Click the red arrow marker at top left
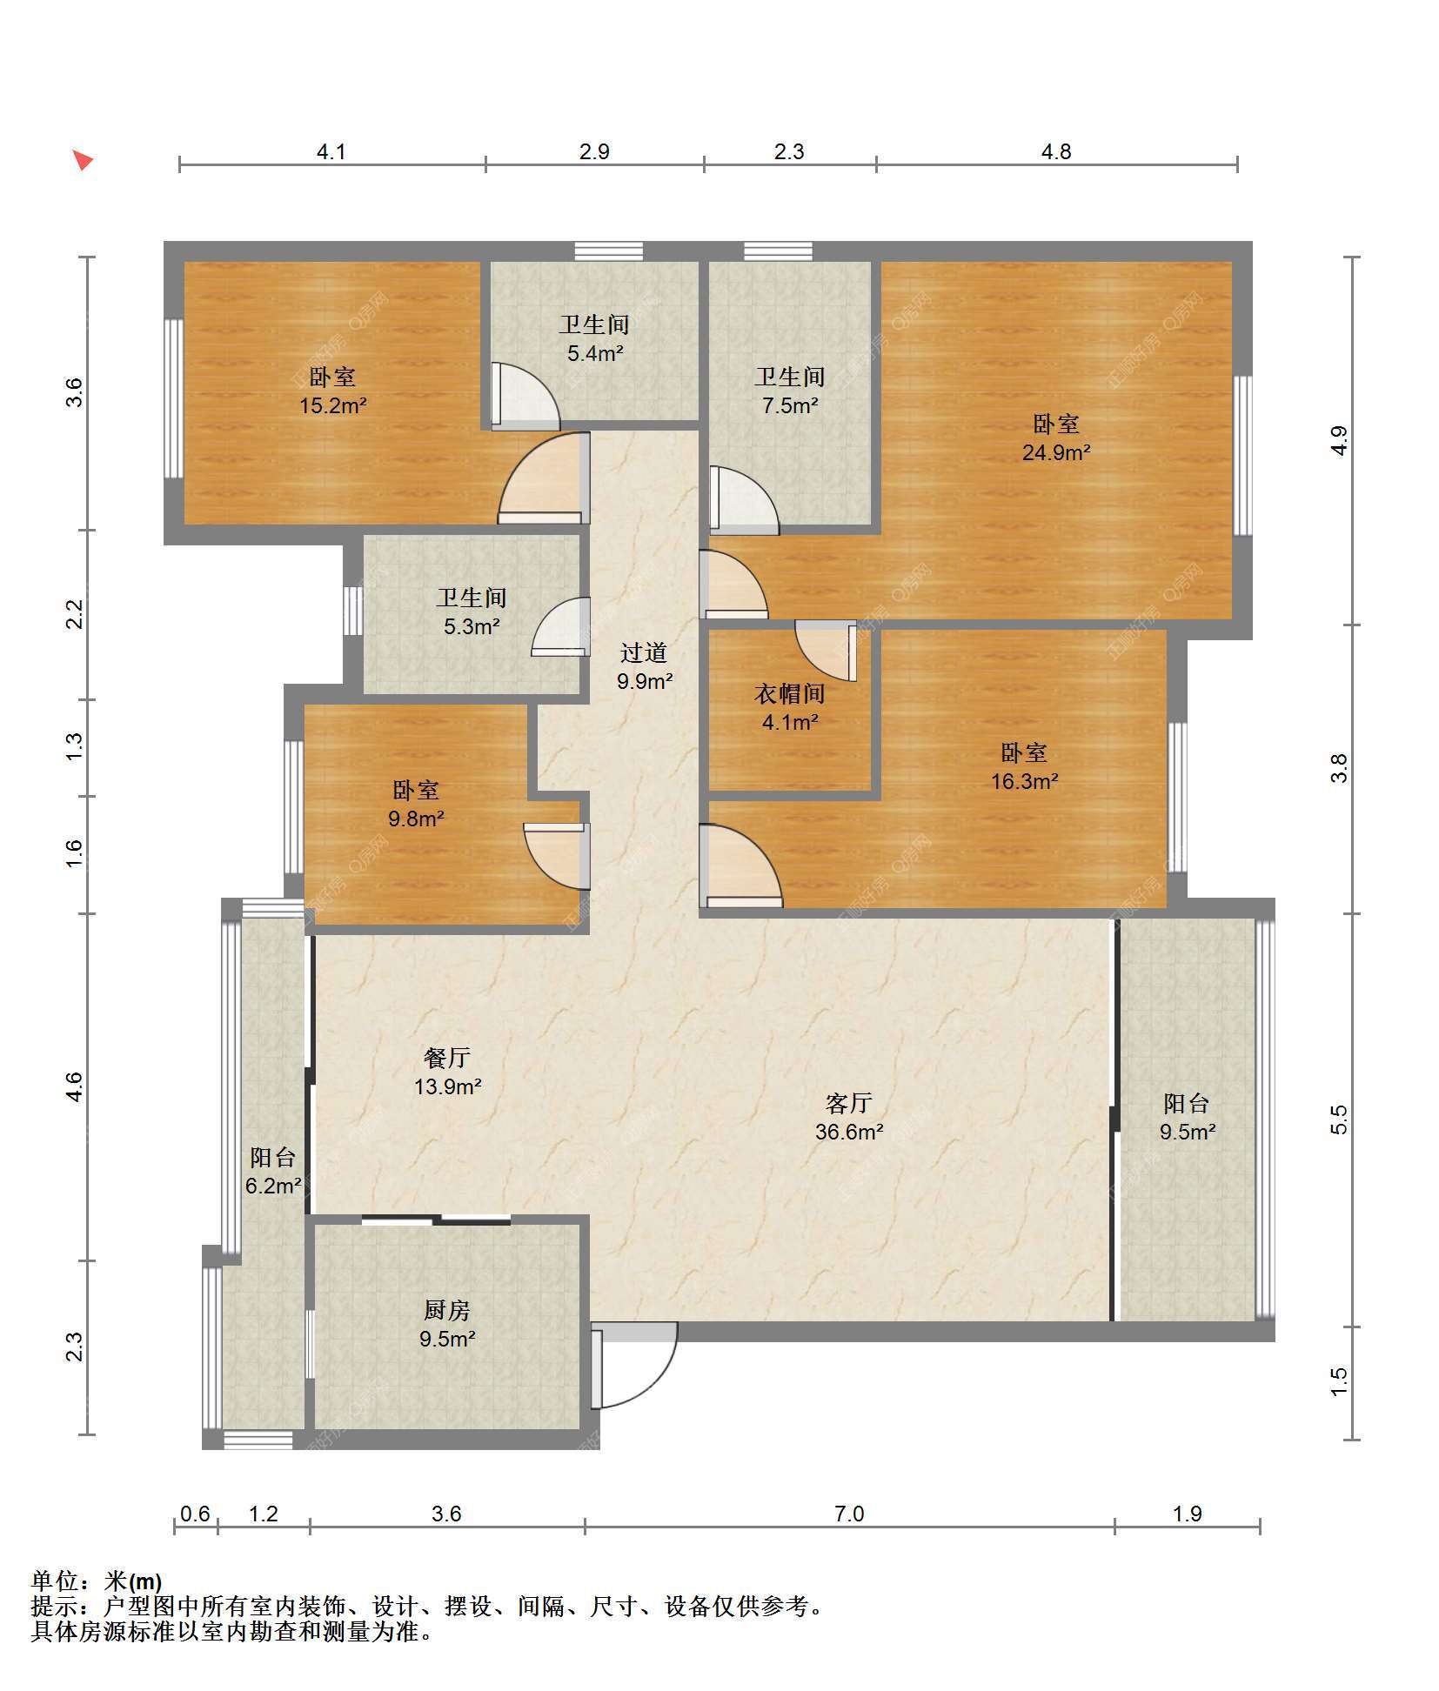(83, 160)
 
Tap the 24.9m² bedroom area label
(1056, 438)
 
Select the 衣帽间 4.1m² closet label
(789, 707)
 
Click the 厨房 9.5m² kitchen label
(447, 1324)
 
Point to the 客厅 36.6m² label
(849, 1117)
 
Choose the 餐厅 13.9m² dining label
(447, 1072)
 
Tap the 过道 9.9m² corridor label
(644, 666)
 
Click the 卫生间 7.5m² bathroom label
(790, 391)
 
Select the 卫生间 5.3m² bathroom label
(472, 612)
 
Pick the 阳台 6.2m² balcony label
(273, 1171)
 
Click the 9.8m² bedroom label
(416, 804)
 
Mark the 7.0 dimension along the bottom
(849, 1514)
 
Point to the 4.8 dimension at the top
(1056, 151)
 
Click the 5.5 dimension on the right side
(1339, 1119)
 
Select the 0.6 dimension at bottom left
(195, 1514)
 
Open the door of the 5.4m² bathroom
(525, 396)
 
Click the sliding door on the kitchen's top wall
(436, 1220)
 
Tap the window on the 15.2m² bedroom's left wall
(174, 398)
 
